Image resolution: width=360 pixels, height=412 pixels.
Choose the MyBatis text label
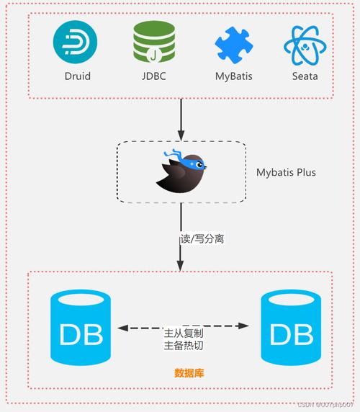point(233,75)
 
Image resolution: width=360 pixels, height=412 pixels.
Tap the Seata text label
point(305,75)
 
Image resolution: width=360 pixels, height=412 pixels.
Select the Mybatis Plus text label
point(286,173)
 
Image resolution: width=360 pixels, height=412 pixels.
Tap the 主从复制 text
point(184,333)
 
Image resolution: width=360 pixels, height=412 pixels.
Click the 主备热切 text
point(184,346)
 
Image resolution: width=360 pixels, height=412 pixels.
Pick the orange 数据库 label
point(189,372)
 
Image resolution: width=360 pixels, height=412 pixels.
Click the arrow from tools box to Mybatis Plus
point(181,117)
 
